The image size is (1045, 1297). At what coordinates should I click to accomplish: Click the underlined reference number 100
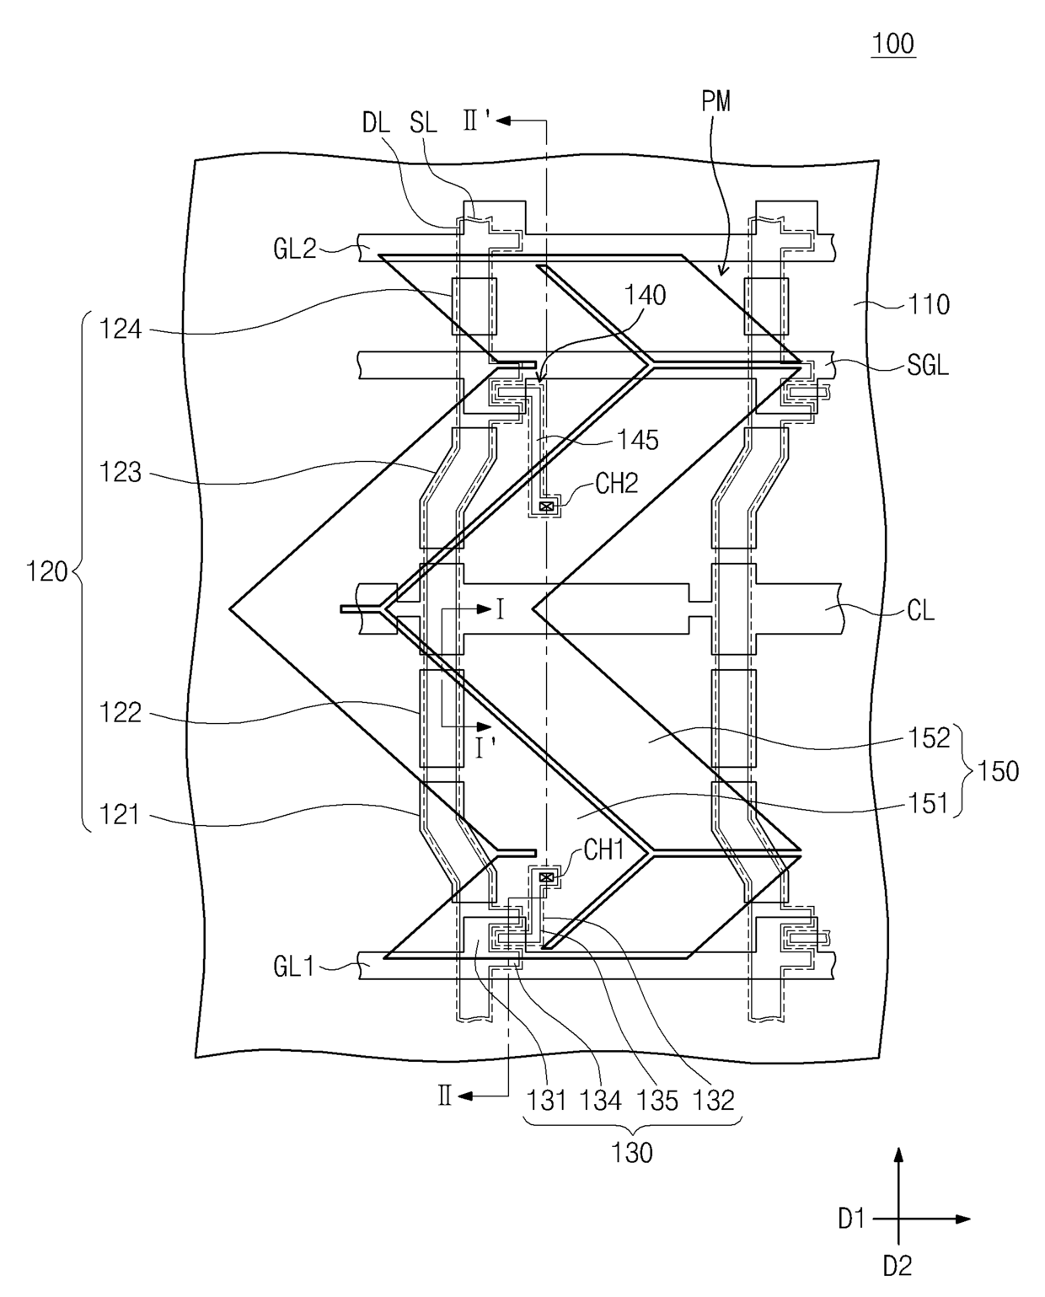point(894,45)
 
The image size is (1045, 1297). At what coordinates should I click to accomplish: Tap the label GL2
point(295,249)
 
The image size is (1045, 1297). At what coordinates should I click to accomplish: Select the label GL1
point(293,967)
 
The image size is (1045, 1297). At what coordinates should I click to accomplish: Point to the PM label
point(716,101)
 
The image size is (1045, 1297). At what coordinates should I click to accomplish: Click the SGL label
point(928,365)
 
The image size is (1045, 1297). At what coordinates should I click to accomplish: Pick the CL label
point(920,611)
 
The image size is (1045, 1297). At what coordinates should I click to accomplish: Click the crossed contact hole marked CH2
point(546,506)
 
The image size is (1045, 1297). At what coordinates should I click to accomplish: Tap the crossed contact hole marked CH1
point(546,877)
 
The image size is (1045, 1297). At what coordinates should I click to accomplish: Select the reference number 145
point(638,441)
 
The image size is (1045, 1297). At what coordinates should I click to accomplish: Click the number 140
point(645,296)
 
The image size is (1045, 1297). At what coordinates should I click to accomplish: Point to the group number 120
point(46,571)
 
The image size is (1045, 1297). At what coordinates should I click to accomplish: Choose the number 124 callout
point(120,330)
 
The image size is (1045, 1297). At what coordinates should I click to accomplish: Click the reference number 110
point(929,305)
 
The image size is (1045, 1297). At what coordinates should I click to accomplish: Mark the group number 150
point(998,771)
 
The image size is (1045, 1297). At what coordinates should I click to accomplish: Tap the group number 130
point(632,1153)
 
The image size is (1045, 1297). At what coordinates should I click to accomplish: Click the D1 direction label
point(851,1219)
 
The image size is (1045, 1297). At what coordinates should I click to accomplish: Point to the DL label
point(376,123)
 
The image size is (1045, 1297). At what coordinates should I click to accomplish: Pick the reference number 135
point(657,1101)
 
